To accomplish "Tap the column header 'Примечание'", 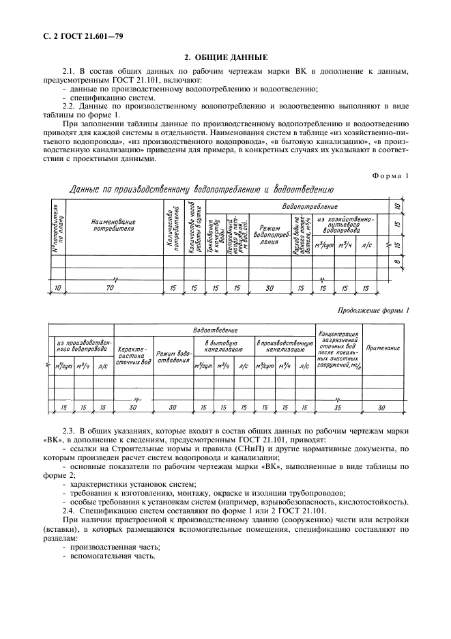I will (383, 349).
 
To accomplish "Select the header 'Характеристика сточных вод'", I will (133, 354).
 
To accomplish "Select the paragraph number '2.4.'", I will (70, 510).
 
